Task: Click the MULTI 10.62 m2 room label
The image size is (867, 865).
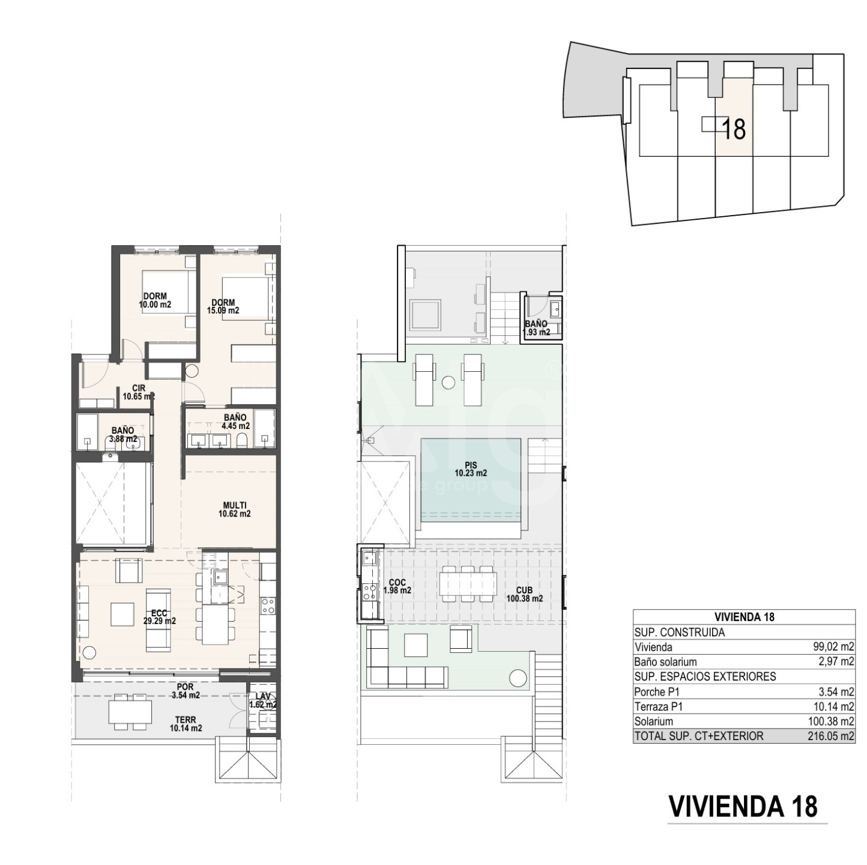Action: tap(234, 509)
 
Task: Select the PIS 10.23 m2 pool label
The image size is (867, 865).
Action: tap(471, 469)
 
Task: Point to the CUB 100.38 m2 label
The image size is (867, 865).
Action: tap(525, 594)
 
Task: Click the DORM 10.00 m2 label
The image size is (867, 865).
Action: tap(156, 300)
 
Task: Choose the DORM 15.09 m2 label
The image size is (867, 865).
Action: tap(223, 306)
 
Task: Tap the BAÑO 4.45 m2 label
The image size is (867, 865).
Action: tap(235, 422)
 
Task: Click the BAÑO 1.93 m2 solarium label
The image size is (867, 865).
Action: tap(536, 328)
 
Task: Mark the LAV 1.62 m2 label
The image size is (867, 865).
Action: tap(263, 700)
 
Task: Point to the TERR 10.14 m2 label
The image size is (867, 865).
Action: tap(185, 724)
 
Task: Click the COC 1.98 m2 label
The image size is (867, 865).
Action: tap(397, 587)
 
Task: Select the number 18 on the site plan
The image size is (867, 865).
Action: tap(733, 129)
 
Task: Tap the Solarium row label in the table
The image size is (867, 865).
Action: tap(654, 721)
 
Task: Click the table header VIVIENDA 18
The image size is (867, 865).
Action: tap(744, 617)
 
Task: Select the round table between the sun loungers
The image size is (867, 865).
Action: tap(448, 383)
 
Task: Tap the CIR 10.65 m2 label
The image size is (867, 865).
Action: tap(139, 392)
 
